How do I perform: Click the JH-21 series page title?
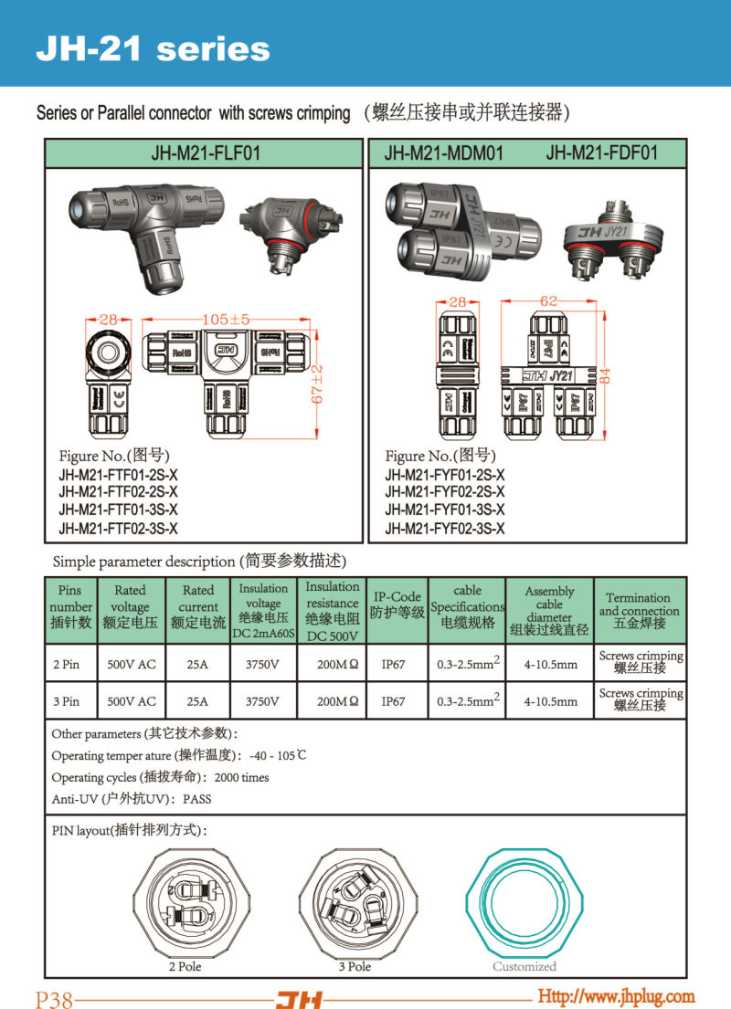(153, 48)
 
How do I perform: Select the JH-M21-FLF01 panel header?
(205, 153)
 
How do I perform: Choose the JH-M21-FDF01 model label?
(601, 152)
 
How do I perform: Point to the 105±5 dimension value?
(226, 320)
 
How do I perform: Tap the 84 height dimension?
(604, 374)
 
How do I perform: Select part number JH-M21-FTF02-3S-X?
(118, 529)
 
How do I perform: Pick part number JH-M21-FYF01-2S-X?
(444, 475)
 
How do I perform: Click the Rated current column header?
(198, 606)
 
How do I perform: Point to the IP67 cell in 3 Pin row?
(393, 701)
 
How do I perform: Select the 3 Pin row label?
(66, 701)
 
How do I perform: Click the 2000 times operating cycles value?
(241, 777)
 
